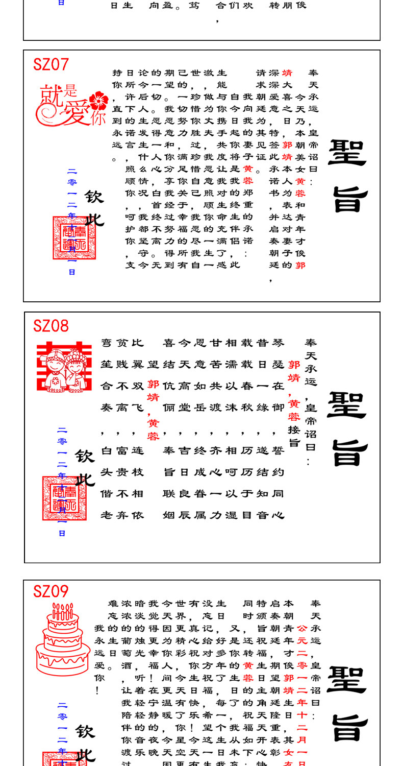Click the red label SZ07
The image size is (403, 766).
(51, 64)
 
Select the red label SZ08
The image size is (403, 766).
(51, 326)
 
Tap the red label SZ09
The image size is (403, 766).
(51, 591)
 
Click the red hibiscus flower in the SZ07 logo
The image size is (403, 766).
(98, 101)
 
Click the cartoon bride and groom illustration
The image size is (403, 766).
(64, 368)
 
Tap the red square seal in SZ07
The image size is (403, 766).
(74, 238)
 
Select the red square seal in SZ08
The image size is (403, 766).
(64, 498)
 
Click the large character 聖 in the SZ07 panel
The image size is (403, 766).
(347, 152)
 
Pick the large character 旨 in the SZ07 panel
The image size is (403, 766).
(350, 199)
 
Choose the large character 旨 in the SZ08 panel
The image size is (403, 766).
(349, 452)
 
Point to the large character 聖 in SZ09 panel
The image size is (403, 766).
(347, 679)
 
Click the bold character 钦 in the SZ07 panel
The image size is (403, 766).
(94, 197)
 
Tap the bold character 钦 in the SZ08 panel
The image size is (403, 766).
(85, 456)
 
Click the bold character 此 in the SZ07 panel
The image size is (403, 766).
(94, 219)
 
